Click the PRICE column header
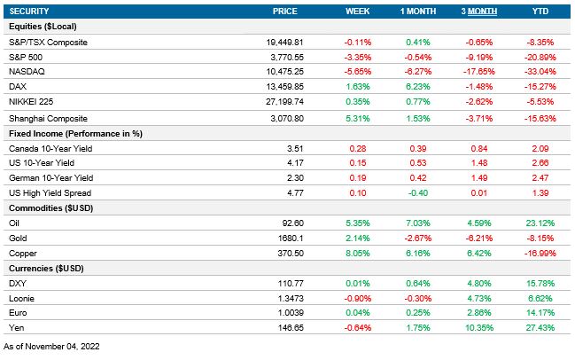285,11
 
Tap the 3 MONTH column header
478,11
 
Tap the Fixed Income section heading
75,133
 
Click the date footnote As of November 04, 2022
51,346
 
